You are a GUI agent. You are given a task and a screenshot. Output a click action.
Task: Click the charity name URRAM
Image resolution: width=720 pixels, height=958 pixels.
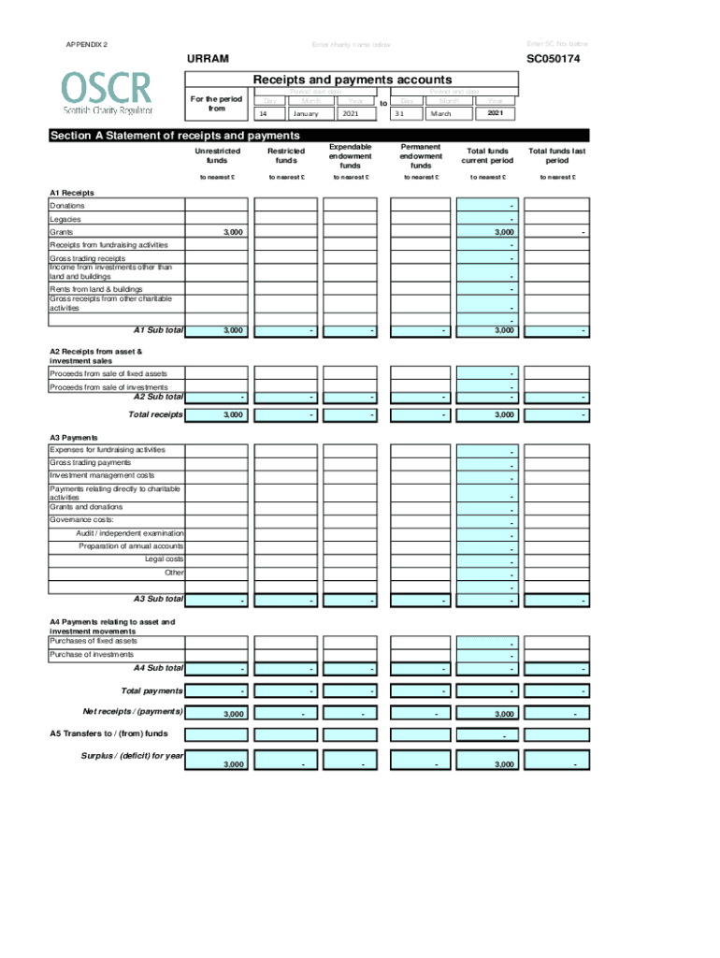pos(208,59)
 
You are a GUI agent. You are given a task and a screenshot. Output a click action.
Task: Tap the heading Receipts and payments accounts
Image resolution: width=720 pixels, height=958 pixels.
pos(353,80)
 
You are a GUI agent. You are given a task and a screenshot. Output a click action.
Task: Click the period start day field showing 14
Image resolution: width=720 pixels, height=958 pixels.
pos(268,113)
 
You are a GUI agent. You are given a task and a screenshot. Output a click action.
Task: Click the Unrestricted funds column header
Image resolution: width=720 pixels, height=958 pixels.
pos(217,155)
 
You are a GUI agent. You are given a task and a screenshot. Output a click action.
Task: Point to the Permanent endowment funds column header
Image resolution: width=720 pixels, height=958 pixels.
pos(421,156)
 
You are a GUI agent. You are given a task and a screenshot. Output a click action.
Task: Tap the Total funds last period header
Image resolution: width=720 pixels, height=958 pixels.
pos(556,155)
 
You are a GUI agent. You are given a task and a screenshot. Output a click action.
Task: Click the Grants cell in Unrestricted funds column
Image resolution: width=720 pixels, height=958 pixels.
pos(217,231)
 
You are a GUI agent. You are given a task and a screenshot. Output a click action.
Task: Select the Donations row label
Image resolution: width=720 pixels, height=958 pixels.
pos(67,205)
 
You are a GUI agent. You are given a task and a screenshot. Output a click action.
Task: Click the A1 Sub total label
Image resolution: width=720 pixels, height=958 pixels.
pos(158,330)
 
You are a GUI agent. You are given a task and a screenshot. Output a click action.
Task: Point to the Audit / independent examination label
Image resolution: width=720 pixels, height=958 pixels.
pos(130,533)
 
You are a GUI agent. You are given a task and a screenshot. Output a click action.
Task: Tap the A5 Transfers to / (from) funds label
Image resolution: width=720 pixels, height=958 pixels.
pos(108,734)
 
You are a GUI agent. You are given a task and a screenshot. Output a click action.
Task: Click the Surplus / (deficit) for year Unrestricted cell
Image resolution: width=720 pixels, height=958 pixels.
pos(217,764)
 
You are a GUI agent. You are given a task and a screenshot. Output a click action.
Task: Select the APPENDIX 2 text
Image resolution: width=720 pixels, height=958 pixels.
pos(86,45)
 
